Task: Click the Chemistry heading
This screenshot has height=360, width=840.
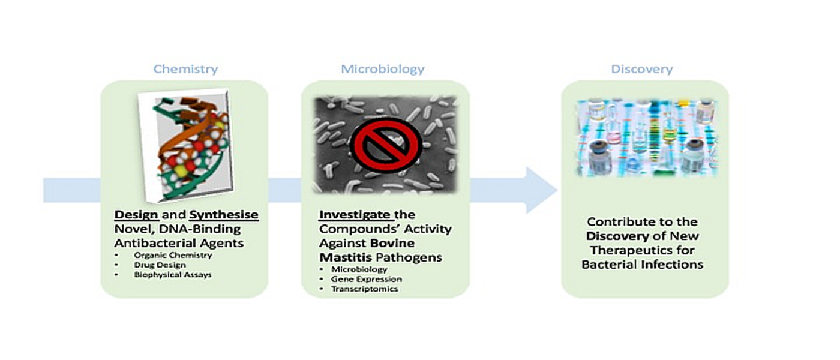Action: (x=185, y=70)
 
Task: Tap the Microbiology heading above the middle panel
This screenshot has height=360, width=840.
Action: (x=383, y=70)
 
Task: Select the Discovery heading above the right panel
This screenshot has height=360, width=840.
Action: (x=642, y=69)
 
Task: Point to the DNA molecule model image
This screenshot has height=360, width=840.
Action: (x=185, y=145)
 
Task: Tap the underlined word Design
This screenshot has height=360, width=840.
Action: (x=136, y=215)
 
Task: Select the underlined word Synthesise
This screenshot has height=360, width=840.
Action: (x=224, y=215)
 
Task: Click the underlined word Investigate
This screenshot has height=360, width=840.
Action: (x=355, y=215)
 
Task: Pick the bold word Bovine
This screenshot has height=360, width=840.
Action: (x=392, y=243)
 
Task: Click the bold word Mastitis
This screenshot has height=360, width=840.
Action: (x=346, y=257)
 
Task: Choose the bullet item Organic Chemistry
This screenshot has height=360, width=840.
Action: (x=173, y=255)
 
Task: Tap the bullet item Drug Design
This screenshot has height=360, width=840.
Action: (x=160, y=265)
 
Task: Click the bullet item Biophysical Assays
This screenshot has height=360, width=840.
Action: (x=173, y=275)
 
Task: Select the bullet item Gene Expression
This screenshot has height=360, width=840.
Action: (x=366, y=279)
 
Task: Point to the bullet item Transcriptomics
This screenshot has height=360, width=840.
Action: (x=364, y=289)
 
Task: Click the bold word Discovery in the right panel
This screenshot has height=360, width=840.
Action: (x=617, y=236)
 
